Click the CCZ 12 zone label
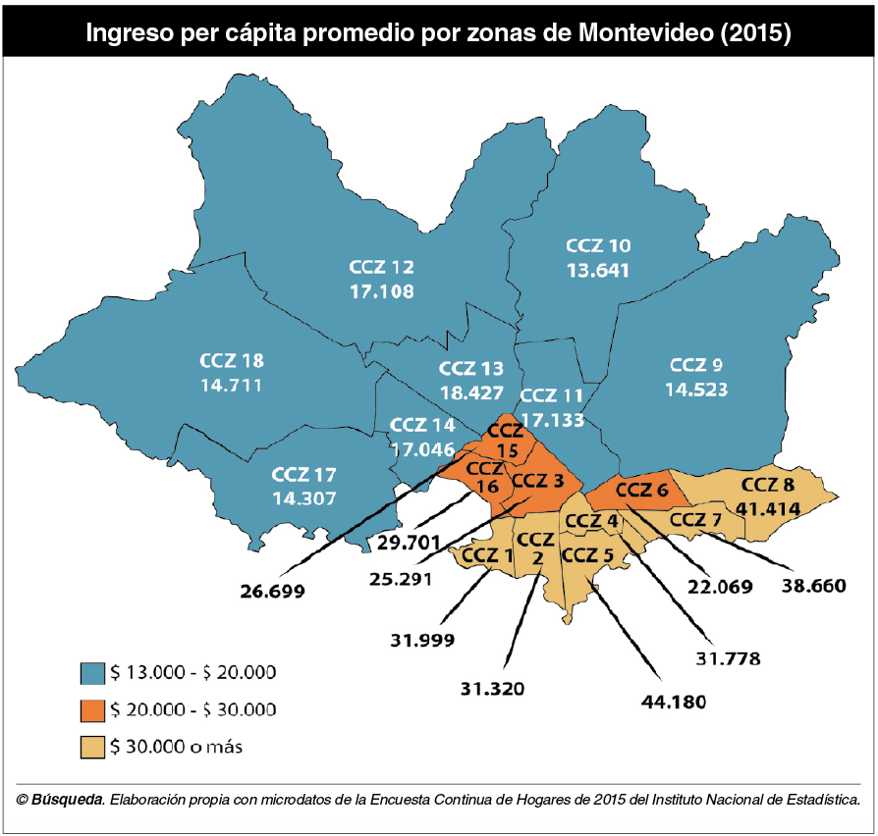pyautogui.click(x=381, y=267)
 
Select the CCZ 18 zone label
pyautogui.click(x=231, y=360)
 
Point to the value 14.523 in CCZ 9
pyautogui.click(x=696, y=390)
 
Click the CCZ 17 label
pyautogui.click(x=303, y=474)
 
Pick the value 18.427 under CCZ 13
pyautogui.click(x=471, y=392)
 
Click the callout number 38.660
pyautogui.click(x=813, y=586)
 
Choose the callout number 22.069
pyautogui.click(x=720, y=587)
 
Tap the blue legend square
pyautogui.click(x=92, y=673)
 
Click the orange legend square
pyautogui.click(x=92, y=709)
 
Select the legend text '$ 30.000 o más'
pyautogui.click(x=177, y=747)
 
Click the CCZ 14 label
pyautogui.click(x=422, y=426)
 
